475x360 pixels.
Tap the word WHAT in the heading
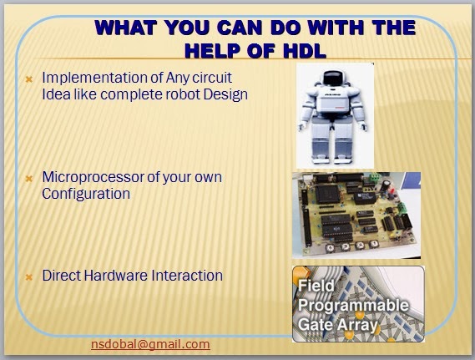(125, 28)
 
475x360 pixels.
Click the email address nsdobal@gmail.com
(150, 344)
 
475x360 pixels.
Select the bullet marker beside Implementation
(29, 79)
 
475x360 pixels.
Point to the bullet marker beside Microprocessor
(29, 179)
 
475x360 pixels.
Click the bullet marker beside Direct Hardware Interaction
(29, 277)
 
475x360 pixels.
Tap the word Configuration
(86, 194)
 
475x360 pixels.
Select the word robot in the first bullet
(183, 94)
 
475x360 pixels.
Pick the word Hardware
(116, 276)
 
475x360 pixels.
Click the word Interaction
(187, 276)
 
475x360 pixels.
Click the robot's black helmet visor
(332, 79)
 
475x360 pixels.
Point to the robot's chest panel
(332, 101)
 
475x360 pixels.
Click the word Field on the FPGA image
(316, 286)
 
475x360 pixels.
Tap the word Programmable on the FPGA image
(353, 306)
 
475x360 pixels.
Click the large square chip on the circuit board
(328, 193)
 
